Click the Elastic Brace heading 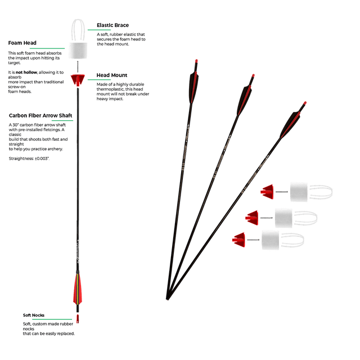pos(112,25)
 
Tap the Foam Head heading pos(22,43)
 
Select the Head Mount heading pos(112,75)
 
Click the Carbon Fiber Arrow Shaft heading pos(40,115)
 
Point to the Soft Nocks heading pos(34,315)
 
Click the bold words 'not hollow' pos(26,73)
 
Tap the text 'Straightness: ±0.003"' pos(29,159)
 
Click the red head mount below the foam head pos(78,80)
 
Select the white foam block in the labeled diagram pos(78,50)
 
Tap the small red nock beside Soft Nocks pos(78,319)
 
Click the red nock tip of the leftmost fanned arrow pos(196,61)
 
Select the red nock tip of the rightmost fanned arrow pos(305,103)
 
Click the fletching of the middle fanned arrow pos(244,100)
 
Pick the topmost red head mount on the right pos(267,192)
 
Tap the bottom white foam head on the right pos(271,240)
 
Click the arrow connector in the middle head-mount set pos(267,218)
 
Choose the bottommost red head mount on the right pos(238,240)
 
